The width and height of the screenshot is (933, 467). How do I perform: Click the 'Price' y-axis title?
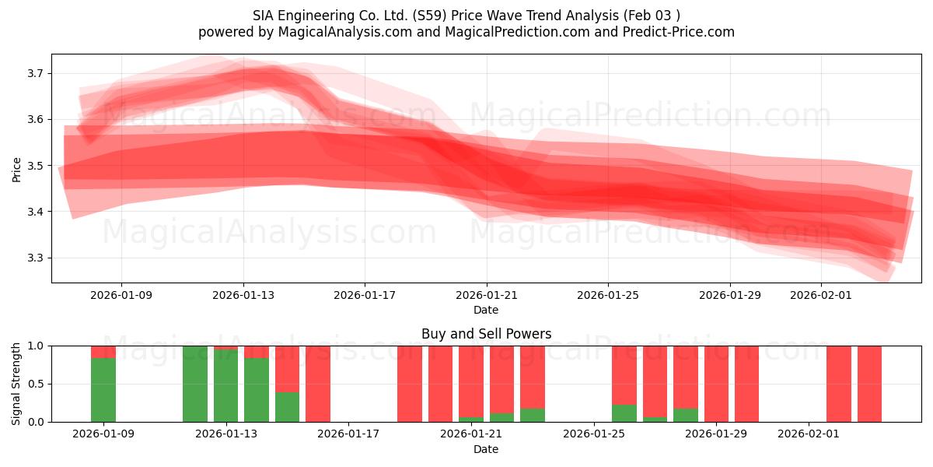point(16,169)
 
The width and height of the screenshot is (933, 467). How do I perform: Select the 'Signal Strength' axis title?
point(16,384)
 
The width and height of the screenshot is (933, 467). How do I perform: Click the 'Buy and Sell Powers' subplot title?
point(486,334)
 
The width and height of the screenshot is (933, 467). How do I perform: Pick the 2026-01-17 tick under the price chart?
point(365,295)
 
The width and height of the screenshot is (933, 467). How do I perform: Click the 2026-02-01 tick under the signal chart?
point(809,434)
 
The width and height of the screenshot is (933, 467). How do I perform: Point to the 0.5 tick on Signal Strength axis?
point(37,384)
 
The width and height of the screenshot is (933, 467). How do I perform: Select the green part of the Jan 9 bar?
point(103,389)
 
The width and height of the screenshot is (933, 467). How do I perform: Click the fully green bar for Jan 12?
point(195,384)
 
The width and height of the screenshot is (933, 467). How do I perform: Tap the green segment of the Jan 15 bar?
point(287,406)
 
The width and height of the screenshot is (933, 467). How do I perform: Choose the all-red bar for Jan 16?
point(318,384)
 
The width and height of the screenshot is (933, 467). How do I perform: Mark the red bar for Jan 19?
point(410,384)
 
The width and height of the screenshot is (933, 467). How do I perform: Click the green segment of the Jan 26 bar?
point(624,413)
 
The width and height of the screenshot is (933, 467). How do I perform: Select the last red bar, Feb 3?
point(869,384)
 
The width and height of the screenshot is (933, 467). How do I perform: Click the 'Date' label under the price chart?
point(486,310)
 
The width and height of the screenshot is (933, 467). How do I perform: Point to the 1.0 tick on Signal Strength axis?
point(37,346)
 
